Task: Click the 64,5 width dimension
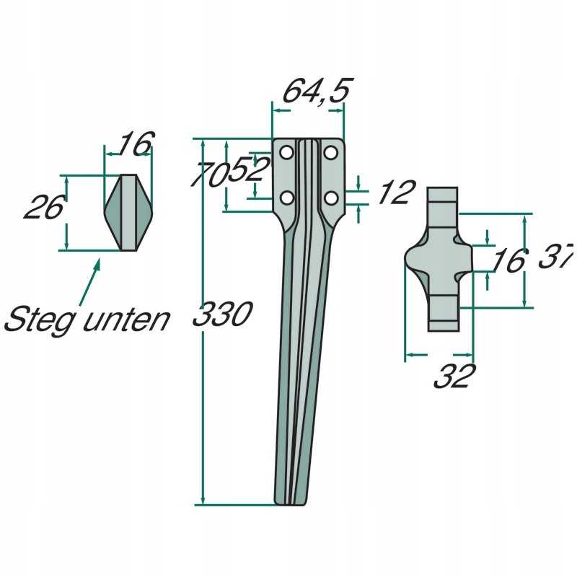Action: pyautogui.click(x=317, y=91)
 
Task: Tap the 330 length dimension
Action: pyautogui.click(x=223, y=314)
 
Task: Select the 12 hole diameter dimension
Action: pyautogui.click(x=397, y=192)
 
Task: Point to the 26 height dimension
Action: pyautogui.click(x=45, y=207)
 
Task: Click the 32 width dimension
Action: pyautogui.click(x=455, y=376)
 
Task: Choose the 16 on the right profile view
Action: pyautogui.click(x=508, y=260)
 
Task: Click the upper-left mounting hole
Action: pyautogui.click(x=286, y=153)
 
